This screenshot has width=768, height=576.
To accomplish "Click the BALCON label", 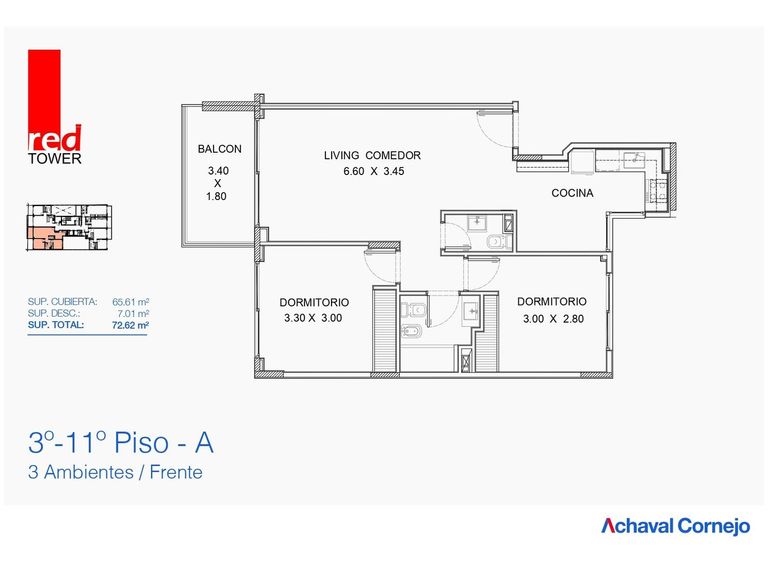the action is pyautogui.click(x=219, y=149).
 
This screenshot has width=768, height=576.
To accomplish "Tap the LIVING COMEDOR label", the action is pyautogui.click(x=372, y=155).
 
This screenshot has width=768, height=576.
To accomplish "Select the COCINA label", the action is pyautogui.click(x=572, y=193).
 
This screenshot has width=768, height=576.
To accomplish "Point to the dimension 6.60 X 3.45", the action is pyautogui.click(x=374, y=171).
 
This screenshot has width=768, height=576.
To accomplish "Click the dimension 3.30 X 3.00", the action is pyautogui.click(x=313, y=318).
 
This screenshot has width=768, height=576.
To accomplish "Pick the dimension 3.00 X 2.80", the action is pyautogui.click(x=553, y=319).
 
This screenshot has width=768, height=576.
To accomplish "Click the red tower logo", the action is pyautogui.click(x=54, y=107).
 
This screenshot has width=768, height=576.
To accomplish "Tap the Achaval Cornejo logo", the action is pyautogui.click(x=675, y=526).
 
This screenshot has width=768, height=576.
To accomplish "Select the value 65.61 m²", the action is pyautogui.click(x=130, y=302).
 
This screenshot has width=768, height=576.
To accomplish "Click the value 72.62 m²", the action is pyautogui.click(x=130, y=325).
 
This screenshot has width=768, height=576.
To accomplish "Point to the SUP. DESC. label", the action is pyautogui.click(x=54, y=313).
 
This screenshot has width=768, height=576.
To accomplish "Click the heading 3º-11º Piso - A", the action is pyautogui.click(x=121, y=443).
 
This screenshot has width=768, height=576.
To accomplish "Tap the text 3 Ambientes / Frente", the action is pyautogui.click(x=115, y=472).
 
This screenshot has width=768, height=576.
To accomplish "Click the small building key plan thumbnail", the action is pyautogui.click(x=69, y=228).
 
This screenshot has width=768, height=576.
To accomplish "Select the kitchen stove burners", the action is pyautogui.click(x=657, y=191).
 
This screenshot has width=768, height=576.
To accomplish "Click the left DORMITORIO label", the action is pyautogui.click(x=314, y=302).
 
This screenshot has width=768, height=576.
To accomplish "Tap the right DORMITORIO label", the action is pyautogui.click(x=552, y=301).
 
